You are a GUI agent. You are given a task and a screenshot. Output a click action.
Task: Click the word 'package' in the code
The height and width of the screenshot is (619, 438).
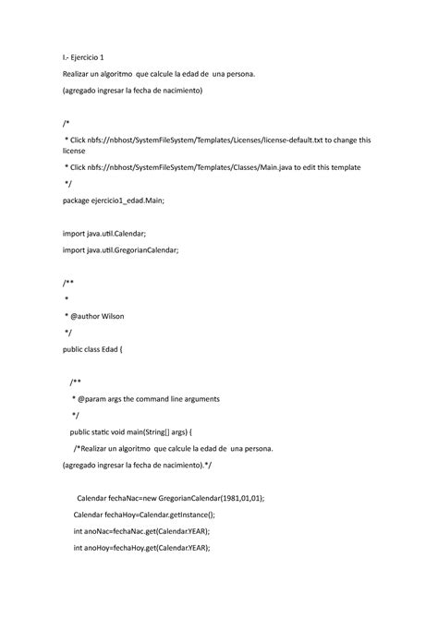click(79, 200)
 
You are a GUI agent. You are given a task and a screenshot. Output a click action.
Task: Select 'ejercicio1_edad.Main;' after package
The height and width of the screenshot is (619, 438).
click(143, 200)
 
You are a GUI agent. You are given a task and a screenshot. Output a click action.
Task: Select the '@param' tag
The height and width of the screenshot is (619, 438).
click(91, 399)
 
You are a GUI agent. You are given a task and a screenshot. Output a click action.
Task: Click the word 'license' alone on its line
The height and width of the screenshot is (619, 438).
click(77, 151)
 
